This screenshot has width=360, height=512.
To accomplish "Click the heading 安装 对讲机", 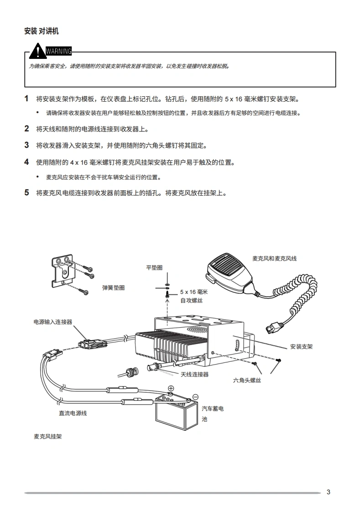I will pyautogui.click(x=42, y=31).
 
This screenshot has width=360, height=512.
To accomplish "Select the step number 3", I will pyautogui.click(x=26, y=146).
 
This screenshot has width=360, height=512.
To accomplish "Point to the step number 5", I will pyautogui.click(x=26, y=193).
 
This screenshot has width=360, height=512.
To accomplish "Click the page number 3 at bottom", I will pyautogui.click(x=329, y=491).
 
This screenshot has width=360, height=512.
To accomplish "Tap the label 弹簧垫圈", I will pyautogui.click(x=113, y=288).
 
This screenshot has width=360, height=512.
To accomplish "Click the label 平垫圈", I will pyautogui.click(x=154, y=268).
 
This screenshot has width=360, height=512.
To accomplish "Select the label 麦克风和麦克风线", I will pyautogui.click(x=274, y=259).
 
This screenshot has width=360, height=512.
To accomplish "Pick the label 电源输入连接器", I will pyautogui.click(x=53, y=322).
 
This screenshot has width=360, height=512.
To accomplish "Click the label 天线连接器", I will pyautogui.click(x=194, y=375).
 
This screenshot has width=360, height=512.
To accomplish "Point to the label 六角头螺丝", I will pyautogui.click(x=247, y=380).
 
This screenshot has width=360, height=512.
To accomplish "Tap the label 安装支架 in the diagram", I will pyautogui.click(x=301, y=347).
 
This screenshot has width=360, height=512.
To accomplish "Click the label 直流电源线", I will pyautogui.click(x=73, y=413).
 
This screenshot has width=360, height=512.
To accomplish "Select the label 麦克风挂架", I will pyautogui.click(x=47, y=437).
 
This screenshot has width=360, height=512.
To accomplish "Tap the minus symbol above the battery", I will pyautogui.click(x=195, y=397).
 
